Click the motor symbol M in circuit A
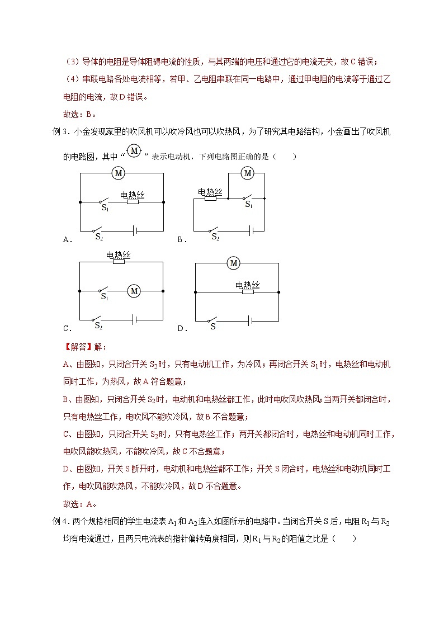tap(118, 173)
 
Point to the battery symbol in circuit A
tap(135, 230)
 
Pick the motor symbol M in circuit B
tap(248, 173)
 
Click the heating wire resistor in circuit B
tap(210, 198)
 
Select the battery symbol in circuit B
tap(253, 230)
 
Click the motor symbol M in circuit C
tap(133, 291)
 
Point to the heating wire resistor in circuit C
tap(119, 261)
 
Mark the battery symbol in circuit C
tap(135, 319)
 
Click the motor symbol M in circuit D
tap(234, 263)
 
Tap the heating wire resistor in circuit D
tap(247, 291)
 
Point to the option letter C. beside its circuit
tap(68, 328)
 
